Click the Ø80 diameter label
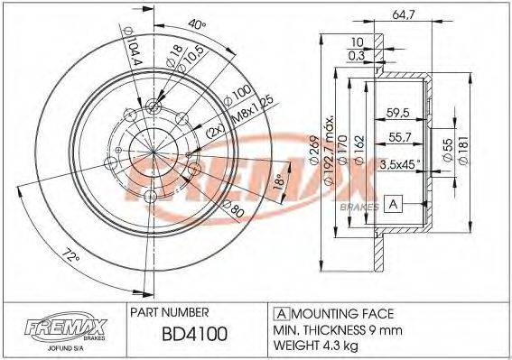coord(236,212)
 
